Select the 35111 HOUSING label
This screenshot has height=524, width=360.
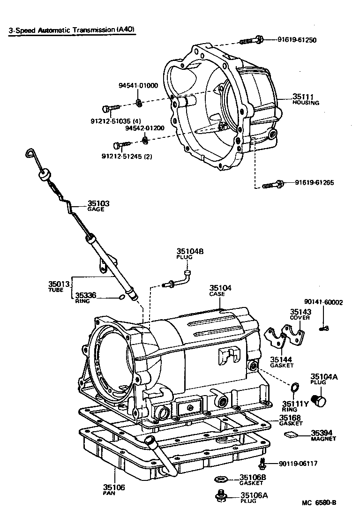[306, 99]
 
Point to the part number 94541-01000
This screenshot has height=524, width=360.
[138, 85]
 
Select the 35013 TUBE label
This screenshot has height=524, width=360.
[59, 286]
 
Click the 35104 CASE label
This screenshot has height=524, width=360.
[220, 291]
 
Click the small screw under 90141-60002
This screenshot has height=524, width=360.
[324, 328]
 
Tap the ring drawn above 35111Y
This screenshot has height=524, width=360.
[295, 387]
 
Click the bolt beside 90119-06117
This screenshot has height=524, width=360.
[262, 464]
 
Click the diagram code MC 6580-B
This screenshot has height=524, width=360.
[319, 503]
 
